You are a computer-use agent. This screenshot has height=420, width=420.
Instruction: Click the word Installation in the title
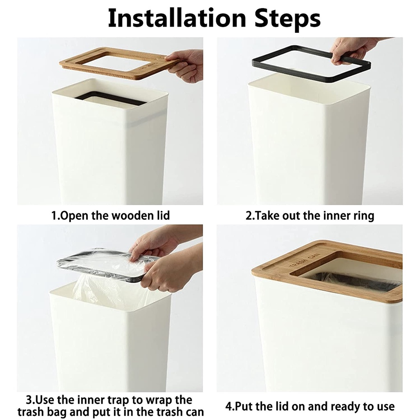click(177, 18)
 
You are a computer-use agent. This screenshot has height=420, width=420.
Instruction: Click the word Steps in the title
click(287, 19)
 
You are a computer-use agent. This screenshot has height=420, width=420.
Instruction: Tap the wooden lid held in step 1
click(118, 63)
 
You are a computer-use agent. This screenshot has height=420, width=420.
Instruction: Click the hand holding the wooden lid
click(185, 66)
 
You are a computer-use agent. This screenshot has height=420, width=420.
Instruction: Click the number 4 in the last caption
click(228, 406)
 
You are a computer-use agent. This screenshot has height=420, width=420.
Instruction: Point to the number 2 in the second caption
click(249, 216)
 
